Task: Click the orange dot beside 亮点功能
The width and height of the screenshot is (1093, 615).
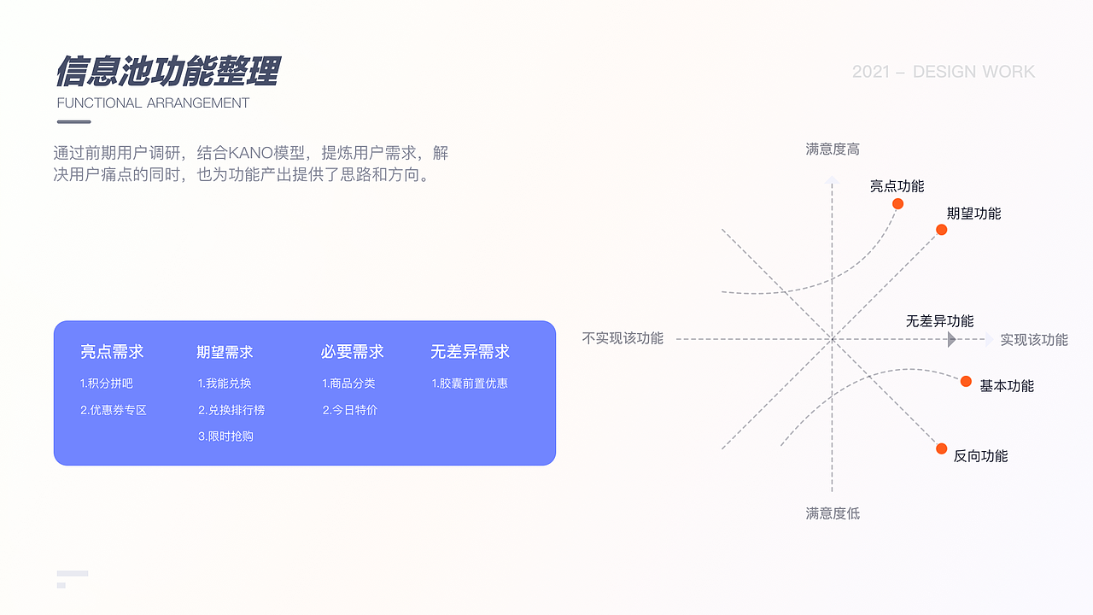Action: coord(897,203)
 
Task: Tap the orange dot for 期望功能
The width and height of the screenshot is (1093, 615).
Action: coord(941,230)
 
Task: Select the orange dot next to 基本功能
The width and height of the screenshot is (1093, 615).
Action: coord(966,381)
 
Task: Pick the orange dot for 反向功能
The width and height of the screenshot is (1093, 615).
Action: coord(941,448)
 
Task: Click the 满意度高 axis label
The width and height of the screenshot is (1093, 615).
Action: coord(833,149)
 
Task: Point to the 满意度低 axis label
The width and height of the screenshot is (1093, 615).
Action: coord(833,513)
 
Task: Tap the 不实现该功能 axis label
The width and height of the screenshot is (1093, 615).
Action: coord(622,338)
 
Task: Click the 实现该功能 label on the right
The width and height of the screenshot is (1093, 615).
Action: coord(1034,339)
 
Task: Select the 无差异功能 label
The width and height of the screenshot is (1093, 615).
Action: coord(939,321)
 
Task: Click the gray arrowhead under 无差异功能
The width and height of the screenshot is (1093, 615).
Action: coord(951,340)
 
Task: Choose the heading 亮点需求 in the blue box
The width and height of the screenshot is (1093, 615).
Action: coord(112,352)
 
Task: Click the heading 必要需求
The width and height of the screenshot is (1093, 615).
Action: coord(353,352)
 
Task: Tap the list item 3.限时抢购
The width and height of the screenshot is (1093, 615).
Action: coord(225,436)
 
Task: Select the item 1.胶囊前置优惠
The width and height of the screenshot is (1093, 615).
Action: coord(470,384)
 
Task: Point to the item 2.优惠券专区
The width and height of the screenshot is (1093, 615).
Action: coord(114,410)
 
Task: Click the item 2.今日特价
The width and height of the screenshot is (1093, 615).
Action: coord(349,410)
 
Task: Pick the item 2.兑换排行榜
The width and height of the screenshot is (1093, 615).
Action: coord(231,410)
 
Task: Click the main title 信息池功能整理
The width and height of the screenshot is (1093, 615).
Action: coord(167,72)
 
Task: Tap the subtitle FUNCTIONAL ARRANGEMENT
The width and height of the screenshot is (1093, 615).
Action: coord(153,103)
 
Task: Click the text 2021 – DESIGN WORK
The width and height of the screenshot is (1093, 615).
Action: coord(943,72)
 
